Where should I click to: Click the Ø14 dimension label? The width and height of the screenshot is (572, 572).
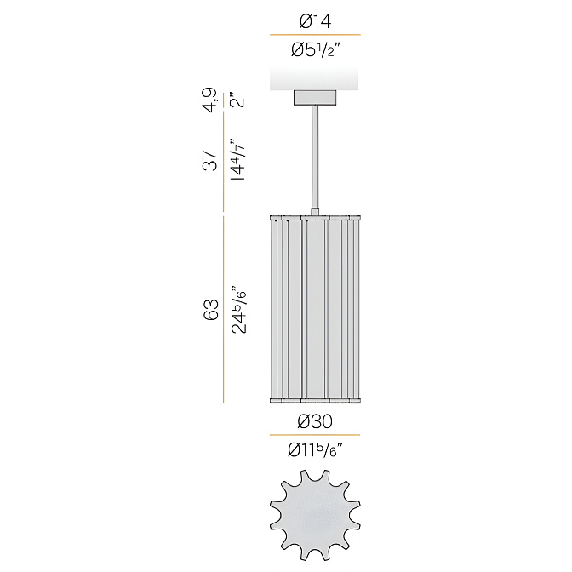pyautogui.click(x=315, y=20)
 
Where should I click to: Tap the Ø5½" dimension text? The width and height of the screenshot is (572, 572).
pyautogui.click(x=316, y=49)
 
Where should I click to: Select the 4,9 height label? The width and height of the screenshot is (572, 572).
pyautogui.click(x=211, y=100)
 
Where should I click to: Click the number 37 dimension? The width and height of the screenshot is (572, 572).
pyautogui.click(x=209, y=161)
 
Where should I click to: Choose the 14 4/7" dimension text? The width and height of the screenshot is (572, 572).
pyautogui.click(x=237, y=161)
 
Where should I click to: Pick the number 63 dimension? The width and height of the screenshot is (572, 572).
pyautogui.click(x=210, y=310)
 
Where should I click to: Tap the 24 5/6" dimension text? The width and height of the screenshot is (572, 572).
pyautogui.click(x=239, y=310)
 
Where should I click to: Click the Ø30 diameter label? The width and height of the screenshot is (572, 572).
pyautogui.click(x=315, y=421)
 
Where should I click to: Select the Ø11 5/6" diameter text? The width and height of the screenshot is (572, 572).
pyautogui.click(x=316, y=449)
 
